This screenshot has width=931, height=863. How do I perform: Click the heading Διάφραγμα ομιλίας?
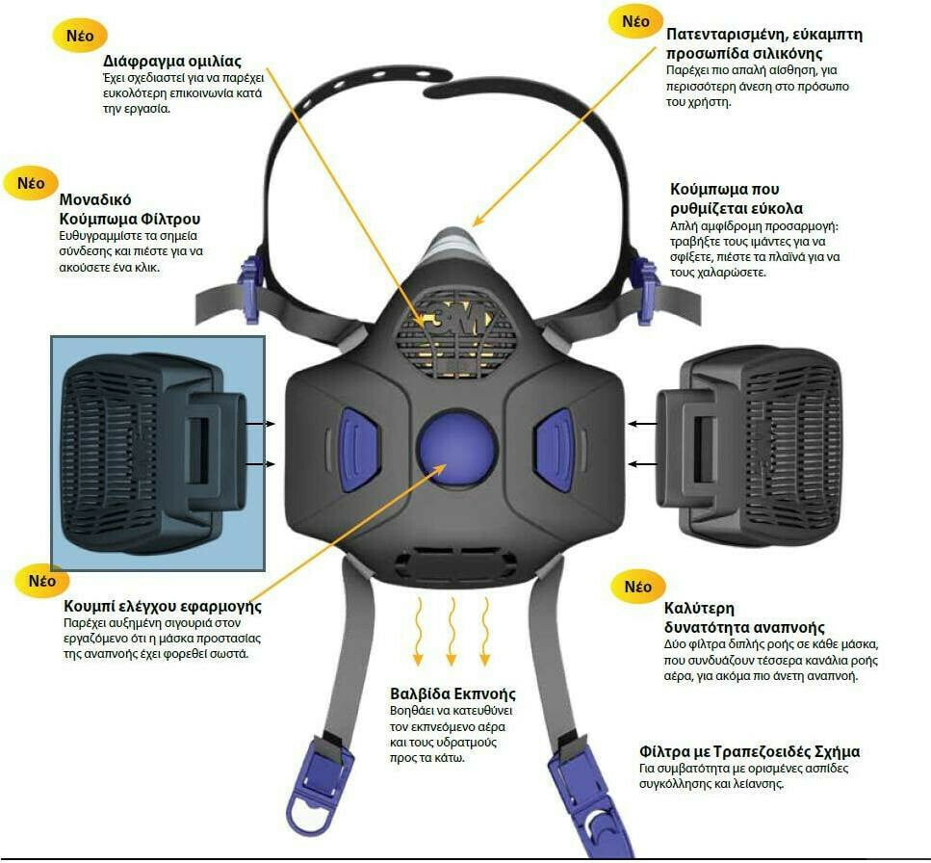(x=172, y=62)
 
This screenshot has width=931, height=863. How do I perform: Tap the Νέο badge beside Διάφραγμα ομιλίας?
(x=80, y=35)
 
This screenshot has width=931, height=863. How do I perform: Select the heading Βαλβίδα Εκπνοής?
(x=453, y=693)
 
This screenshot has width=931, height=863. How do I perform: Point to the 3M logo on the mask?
(x=456, y=320)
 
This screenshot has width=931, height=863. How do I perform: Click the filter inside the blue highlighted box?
(x=154, y=453)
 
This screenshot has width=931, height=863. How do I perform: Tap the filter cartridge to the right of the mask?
(x=749, y=445)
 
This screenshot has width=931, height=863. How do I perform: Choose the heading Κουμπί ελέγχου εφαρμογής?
(x=163, y=607)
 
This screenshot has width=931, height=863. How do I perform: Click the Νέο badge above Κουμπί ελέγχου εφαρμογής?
(x=41, y=580)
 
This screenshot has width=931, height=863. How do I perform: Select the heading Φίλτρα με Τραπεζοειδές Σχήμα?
(x=749, y=751)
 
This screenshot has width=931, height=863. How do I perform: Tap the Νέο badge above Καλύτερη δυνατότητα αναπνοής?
(x=638, y=587)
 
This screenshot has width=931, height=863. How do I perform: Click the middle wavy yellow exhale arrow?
(x=452, y=631)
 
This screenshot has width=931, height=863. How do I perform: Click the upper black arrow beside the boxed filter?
(x=261, y=424)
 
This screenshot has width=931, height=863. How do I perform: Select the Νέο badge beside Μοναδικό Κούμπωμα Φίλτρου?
(x=30, y=182)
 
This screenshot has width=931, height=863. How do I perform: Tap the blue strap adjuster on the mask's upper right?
(x=646, y=290)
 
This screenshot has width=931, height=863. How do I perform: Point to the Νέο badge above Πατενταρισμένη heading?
(x=635, y=21)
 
